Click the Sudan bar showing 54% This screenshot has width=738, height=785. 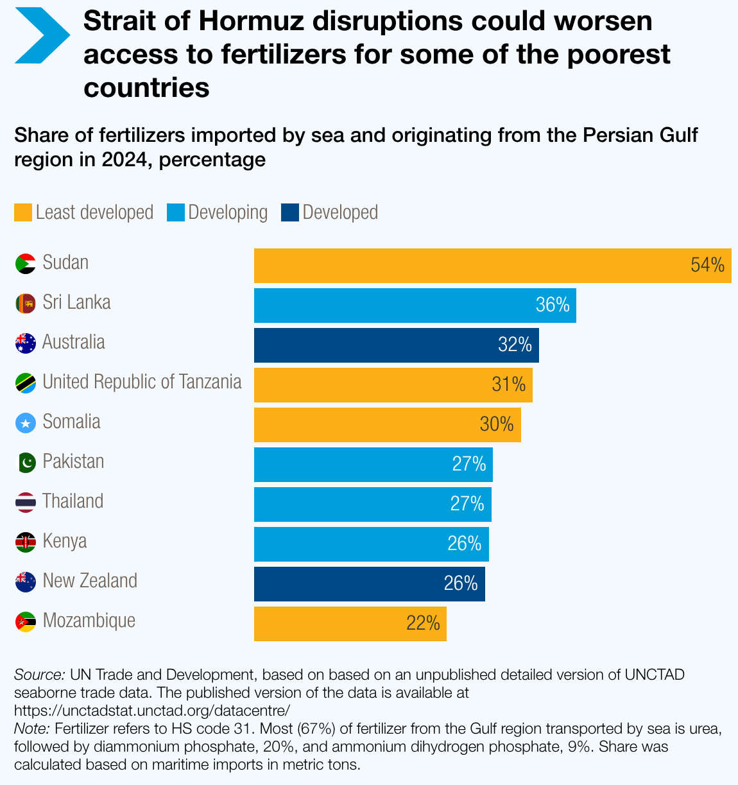coord(492,266)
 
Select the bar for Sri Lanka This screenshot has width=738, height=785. coord(415,306)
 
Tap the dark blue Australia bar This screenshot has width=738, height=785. coord(396,345)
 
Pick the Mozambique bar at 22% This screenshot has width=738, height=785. coord(350,624)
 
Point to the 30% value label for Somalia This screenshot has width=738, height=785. coord(497,424)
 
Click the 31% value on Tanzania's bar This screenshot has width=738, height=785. coord(509,384)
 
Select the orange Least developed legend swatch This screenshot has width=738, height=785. coord(23,212)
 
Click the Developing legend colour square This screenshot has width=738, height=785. coord(175,212)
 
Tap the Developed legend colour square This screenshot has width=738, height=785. coord(290,212)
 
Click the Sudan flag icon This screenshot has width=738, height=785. coord(26,264)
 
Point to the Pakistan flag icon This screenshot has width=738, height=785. coord(26,463)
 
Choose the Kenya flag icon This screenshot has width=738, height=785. coord(26,542)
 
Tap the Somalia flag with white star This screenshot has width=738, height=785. coord(26,423)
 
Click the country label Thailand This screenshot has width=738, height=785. coord(73,501)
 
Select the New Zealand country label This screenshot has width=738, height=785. coord(90,581)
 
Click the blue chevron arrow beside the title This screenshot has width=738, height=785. coord(42,35)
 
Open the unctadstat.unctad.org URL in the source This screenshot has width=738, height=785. coord(152,711)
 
